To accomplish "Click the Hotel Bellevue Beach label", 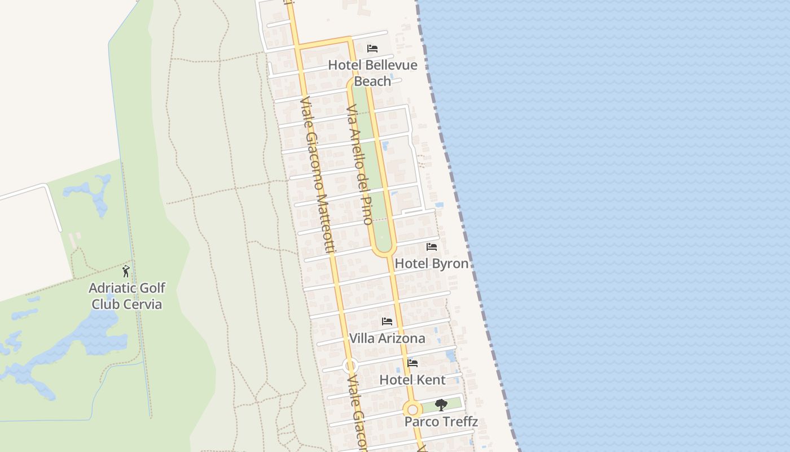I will (x=372, y=73).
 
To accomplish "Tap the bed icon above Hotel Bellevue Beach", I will (x=372, y=49).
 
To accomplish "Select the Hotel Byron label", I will (x=432, y=263).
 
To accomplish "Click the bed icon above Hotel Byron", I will (x=432, y=247).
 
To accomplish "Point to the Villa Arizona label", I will (x=387, y=338).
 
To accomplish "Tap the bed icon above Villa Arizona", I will (x=387, y=321).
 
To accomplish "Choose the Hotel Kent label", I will (x=412, y=380).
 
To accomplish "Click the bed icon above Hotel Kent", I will (x=412, y=363).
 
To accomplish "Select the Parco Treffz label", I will (x=441, y=421).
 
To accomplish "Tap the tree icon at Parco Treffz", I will (x=441, y=405).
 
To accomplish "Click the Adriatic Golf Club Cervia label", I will (x=127, y=296).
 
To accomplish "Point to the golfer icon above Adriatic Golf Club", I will (x=126, y=271).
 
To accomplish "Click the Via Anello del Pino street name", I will (x=359, y=164).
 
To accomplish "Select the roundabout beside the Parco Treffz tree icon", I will (x=412, y=409).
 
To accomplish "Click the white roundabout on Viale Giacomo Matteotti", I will (x=350, y=366).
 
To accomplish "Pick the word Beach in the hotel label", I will (x=372, y=81).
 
